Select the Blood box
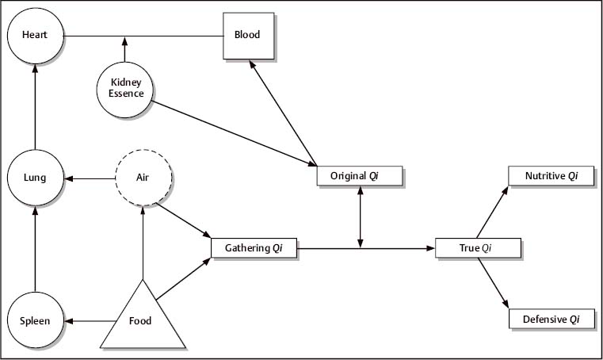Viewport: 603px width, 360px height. [x=247, y=36]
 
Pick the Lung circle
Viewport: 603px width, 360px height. [x=35, y=178]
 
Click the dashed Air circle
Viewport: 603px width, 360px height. [x=143, y=178]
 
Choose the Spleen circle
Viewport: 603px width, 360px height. [x=35, y=321]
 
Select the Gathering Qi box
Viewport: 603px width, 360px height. [x=254, y=248]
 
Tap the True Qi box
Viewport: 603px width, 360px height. [x=479, y=248]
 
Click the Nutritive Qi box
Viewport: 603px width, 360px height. [x=551, y=176]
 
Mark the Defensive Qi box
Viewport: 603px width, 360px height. [x=551, y=320]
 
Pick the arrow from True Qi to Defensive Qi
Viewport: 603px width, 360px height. [x=493, y=284]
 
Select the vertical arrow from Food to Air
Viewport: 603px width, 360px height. [x=143, y=242]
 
